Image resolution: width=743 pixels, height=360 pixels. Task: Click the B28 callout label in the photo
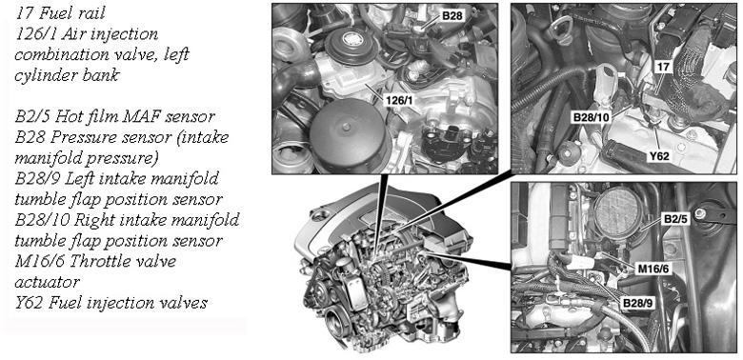[452, 16]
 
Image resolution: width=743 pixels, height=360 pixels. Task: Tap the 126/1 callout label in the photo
[399, 100]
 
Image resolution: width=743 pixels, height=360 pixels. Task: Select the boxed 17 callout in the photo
[663, 68]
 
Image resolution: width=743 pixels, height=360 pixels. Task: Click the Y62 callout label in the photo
[658, 155]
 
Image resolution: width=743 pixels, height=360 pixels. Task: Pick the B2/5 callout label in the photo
[674, 220]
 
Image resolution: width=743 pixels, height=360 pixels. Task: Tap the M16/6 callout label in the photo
[653, 269]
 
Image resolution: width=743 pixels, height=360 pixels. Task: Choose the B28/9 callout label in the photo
[637, 303]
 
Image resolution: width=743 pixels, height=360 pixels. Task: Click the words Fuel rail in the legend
[72, 13]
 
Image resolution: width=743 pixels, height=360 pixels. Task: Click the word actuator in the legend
[47, 283]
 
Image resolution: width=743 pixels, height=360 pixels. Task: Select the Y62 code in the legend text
[27, 303]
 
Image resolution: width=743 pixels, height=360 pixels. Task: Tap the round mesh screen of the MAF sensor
[616, 211]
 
